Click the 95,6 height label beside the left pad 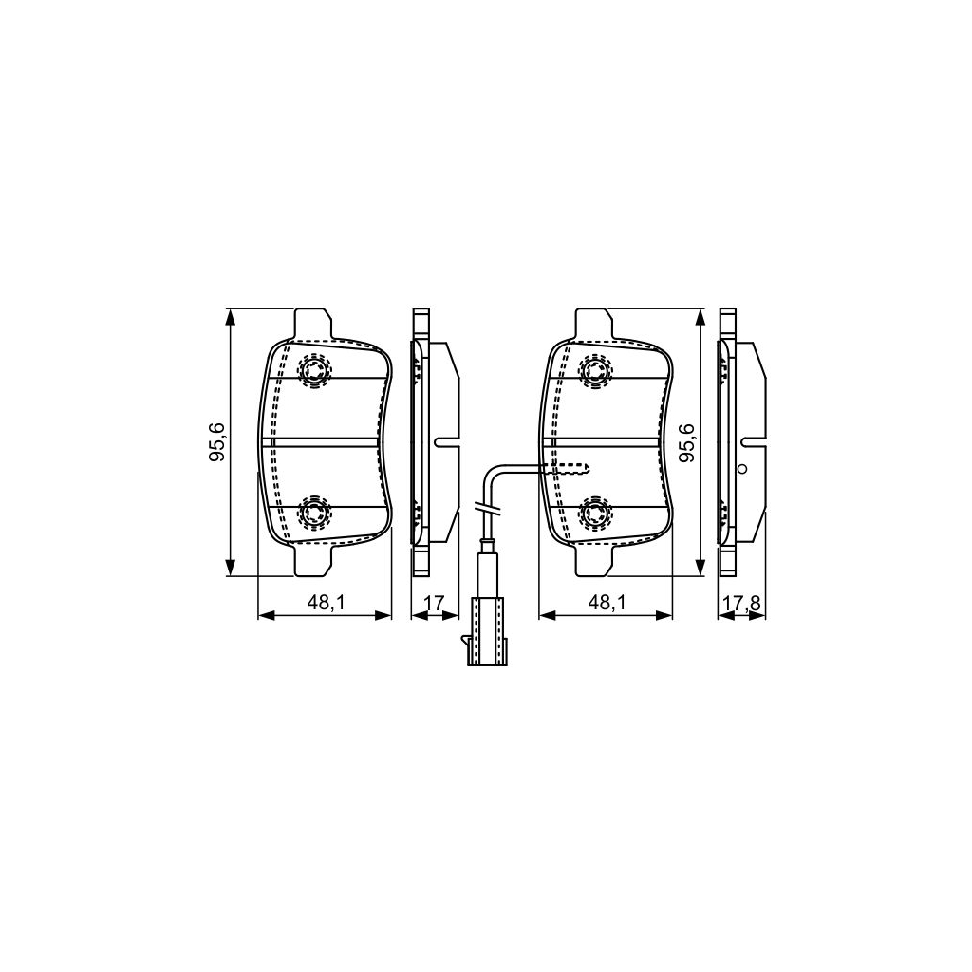[x=217, y=442]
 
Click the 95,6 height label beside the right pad [x=688, y=442]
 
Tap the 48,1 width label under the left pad [x=325, y=601]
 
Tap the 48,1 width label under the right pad [x=606, y=601]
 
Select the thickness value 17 [x=433, y=601]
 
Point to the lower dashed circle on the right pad [x=595, y=514]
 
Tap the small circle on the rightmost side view [x=743, y=468]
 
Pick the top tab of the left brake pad [x=313, y=324]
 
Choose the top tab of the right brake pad [x=593, y=324]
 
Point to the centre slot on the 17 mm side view [x=445, y=441]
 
